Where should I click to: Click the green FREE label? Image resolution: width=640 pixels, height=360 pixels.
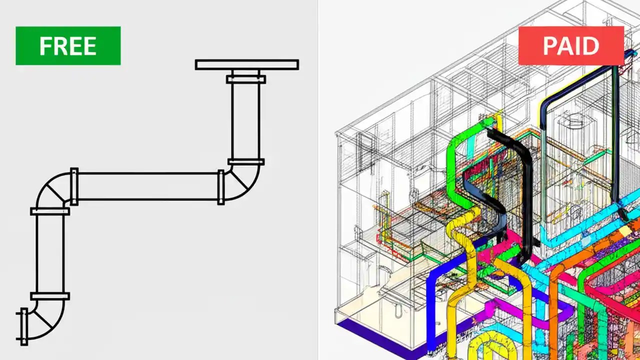click(68, 45)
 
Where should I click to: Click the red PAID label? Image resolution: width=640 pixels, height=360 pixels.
click(570, 45)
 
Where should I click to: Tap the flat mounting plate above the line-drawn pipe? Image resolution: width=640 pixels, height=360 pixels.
click(246, 64)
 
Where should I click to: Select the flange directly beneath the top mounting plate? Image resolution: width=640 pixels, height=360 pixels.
click(245, 78)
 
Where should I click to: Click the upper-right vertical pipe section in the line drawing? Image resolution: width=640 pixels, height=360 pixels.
click(245, 120)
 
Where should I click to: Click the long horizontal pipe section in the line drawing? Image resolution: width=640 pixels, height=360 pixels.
click(147, 186)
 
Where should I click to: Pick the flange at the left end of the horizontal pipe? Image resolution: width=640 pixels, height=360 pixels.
click(74, 186)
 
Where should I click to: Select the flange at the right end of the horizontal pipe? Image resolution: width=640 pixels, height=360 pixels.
click(220, 187)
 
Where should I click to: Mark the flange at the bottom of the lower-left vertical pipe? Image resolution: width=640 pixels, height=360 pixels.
click(50, 296)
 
